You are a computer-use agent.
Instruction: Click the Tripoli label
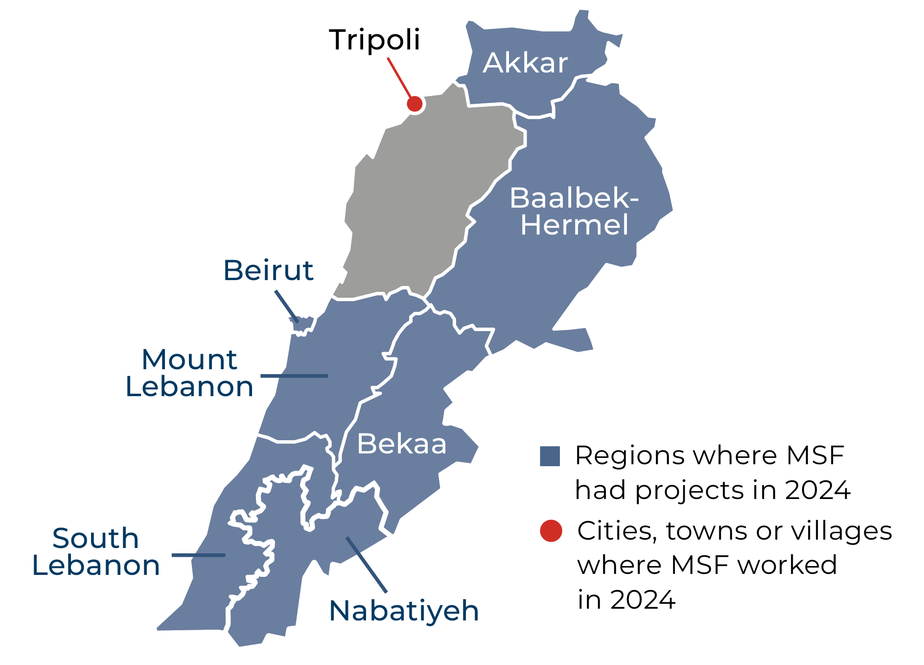click(374, 40)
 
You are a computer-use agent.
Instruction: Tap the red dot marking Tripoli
click(415, 104)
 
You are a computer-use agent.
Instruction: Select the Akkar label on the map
click(525, 63)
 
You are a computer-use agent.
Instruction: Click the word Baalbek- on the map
click(574, 198)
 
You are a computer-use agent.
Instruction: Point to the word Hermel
click(574, 225)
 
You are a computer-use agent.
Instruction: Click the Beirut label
click(268, 270)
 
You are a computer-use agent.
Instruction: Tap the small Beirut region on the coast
click(303, 324)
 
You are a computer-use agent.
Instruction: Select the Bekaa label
click(401, 444)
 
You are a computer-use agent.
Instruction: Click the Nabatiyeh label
click(404, 611)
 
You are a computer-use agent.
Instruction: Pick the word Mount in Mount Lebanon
click(189, 360)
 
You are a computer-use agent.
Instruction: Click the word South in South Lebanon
click(95, 539)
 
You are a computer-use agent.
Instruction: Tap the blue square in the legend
click(550, 456)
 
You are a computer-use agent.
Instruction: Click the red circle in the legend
click(551, 531)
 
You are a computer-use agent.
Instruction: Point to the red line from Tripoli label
click(400, 78)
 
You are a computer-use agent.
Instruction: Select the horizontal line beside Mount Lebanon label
click(294, 376)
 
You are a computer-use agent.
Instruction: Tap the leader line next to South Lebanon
click(198, 555)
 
